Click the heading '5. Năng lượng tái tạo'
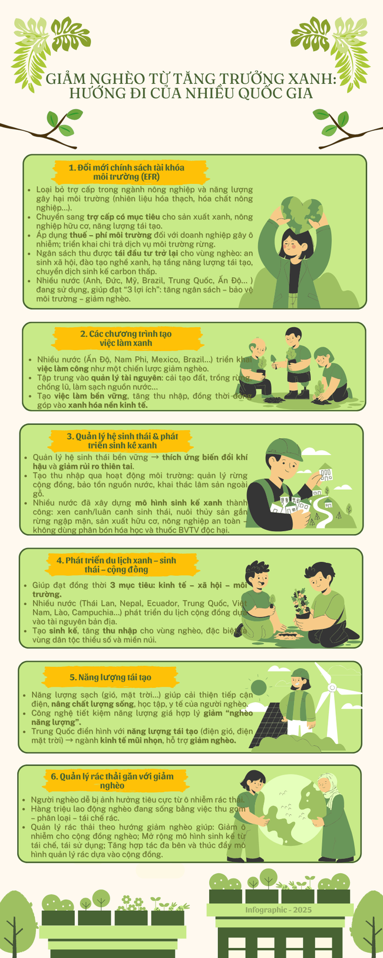coord(110,677)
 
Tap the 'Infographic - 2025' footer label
coord(279,910)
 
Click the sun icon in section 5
coord(259,687)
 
